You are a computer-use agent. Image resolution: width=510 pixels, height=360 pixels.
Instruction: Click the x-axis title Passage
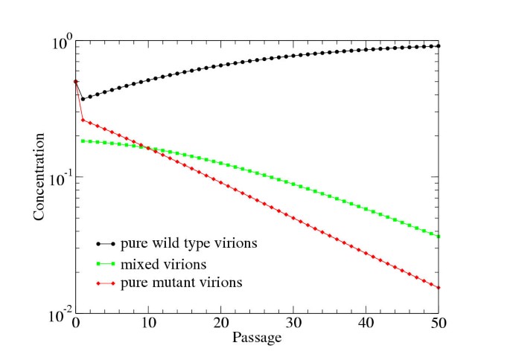tap(256, 338)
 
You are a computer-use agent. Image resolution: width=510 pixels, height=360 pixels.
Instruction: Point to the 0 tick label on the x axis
tap(75, 325)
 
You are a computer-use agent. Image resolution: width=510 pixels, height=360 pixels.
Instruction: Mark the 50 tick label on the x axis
tap(438, 325)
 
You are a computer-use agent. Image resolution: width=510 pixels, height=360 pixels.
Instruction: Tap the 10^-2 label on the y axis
tap(60, 313)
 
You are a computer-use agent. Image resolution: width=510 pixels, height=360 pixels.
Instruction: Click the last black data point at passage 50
tap(439, 46)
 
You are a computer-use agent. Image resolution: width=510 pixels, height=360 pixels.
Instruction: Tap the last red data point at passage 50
tap(439, 288)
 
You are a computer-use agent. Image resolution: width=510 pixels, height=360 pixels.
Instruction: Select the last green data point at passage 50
tap(439, 237)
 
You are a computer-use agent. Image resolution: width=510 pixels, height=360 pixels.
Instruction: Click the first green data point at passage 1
tap(83, 141)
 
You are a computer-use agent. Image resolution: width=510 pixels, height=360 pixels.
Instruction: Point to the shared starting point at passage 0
tap(75, 82)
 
